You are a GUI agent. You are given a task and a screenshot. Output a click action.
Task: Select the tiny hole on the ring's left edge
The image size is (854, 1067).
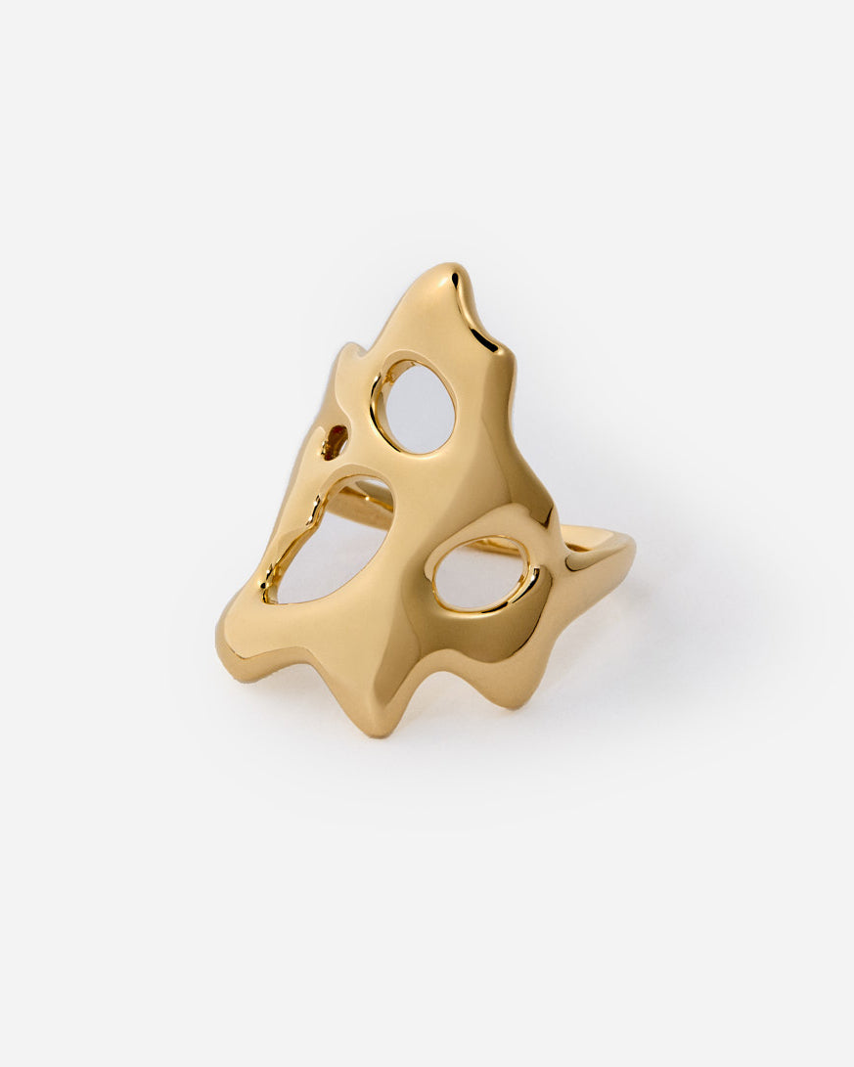click(335, 442)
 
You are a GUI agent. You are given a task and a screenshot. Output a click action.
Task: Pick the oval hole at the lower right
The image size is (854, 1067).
click(479, 573)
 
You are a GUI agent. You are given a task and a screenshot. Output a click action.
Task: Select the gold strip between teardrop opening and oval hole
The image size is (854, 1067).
click(411, 557)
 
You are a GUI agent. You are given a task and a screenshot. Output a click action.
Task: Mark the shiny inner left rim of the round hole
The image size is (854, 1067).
click(379, 401)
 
